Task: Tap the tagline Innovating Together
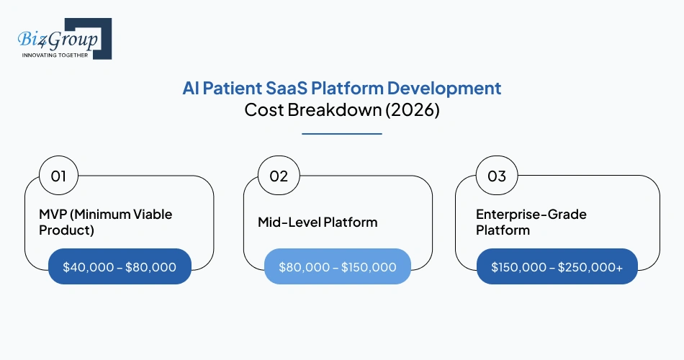coord(55,55)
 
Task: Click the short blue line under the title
coord(341,133)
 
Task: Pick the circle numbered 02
coord(279,176)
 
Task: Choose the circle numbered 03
coord(497,176)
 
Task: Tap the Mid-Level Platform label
coord(318,222)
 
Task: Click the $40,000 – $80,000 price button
coord(120,266)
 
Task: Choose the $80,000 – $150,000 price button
coord(338,266)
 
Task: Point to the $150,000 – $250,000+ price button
coord(557,266)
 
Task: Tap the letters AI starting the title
coord(189,89)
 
